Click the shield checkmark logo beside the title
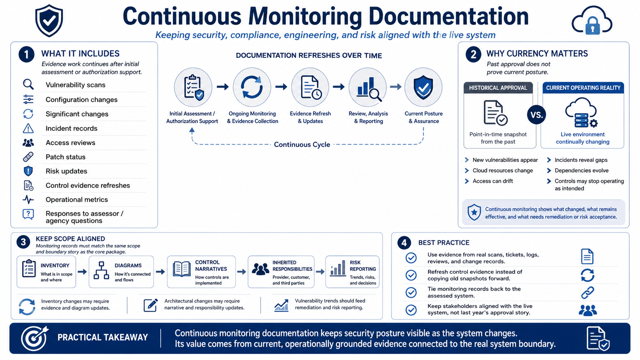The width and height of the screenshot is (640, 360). (49, 21)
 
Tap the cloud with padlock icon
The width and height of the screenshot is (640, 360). (592, 21)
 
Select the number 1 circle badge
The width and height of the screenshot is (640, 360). (26, 54)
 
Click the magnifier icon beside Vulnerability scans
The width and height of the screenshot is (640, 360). (28, 85)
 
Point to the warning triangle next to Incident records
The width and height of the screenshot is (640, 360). (28, 129)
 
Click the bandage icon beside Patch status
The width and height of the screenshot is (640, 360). (28, 157)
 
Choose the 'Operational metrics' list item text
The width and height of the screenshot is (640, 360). (77, 200)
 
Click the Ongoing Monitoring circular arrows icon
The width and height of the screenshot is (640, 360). (252, 87)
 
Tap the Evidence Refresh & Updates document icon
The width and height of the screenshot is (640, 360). (311, 87)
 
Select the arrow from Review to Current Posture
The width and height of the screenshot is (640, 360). (396, 87)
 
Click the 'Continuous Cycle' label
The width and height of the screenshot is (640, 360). (302, 145)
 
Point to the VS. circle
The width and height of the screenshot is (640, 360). (536, 115)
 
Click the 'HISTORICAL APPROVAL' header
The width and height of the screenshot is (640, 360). (498, 88)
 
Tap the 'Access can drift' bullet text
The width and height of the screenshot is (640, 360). (493, 181)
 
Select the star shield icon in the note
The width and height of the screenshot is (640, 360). (474, 212)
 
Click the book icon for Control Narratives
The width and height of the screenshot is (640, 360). (182, 269)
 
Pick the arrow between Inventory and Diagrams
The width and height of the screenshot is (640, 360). (82, 272)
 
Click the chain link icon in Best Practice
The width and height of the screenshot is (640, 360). (588, 293)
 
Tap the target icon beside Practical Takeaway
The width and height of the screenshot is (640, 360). (34, 338)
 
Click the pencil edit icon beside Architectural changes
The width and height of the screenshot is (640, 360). (150, 305)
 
